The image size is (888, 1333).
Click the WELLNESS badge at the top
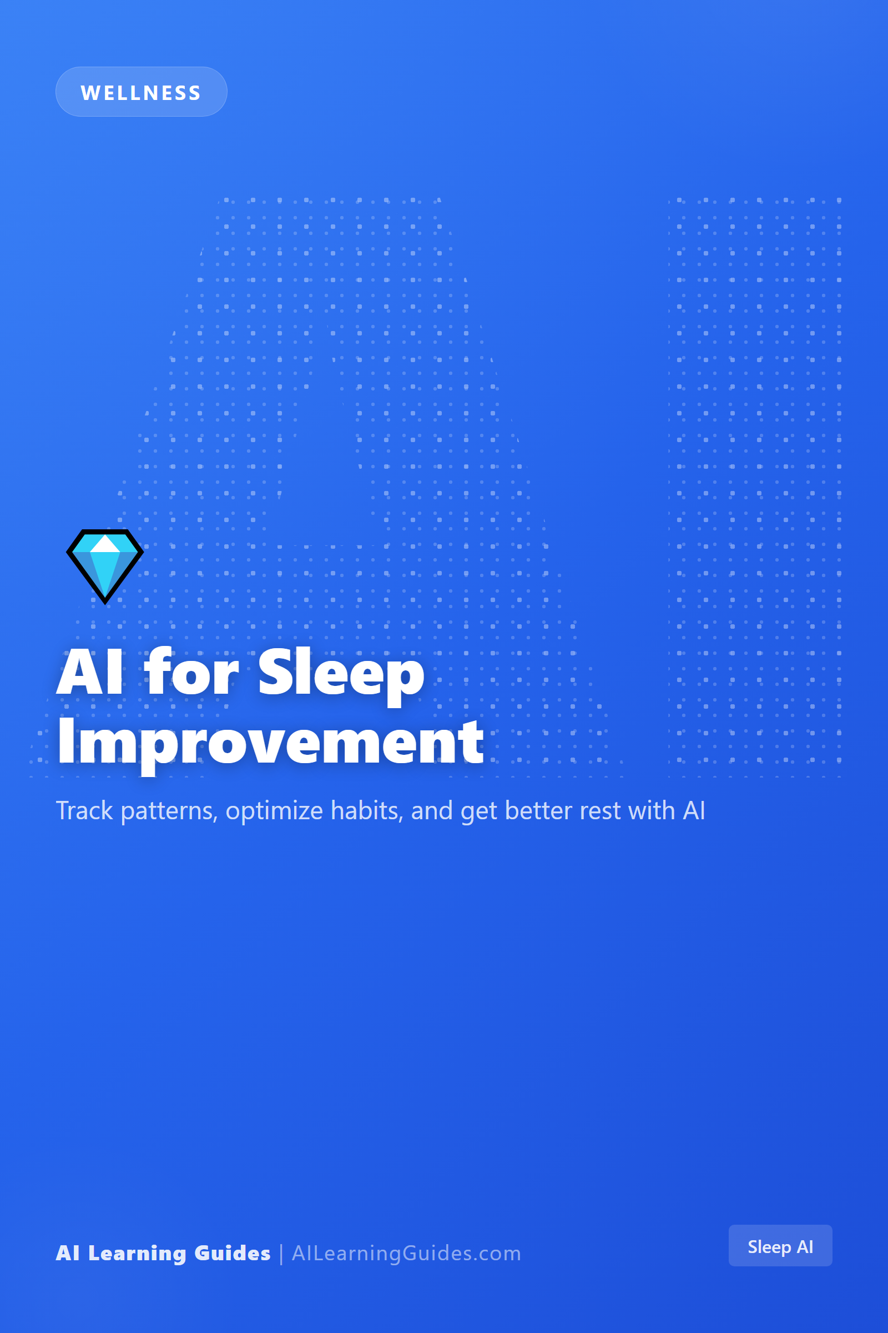point(141,92)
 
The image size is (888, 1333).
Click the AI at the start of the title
point(89,672)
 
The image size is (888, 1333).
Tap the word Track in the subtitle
point(84,810)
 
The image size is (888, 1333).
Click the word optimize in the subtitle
point(274,812)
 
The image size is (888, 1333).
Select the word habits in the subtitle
point(367,810)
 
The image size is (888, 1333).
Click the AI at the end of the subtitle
point(694,810)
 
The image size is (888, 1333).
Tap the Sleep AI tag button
point(780,1246)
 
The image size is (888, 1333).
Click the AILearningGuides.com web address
point(406,1253)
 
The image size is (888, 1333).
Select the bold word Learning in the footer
point(137,1254)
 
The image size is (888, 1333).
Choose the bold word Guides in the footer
point(232,1253)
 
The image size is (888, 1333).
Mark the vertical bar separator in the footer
point(281,1254)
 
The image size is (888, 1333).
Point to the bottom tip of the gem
point(105,604)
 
